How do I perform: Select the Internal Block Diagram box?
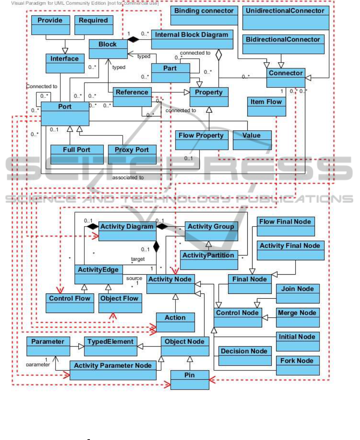(191, 39)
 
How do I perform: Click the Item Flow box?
(267, 106)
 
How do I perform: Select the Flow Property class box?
(201, 140)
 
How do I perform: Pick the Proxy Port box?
(131, 154)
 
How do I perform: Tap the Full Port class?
(77, 154)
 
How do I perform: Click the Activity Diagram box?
(127, 231)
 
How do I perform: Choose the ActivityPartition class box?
(208, 260)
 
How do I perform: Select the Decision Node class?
(244, 355)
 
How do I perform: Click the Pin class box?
(190, 379)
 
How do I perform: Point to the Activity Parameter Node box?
(113, 370)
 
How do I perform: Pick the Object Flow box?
(120, 303)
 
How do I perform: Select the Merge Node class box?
(298, 317)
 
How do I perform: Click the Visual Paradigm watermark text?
(80, 3)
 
